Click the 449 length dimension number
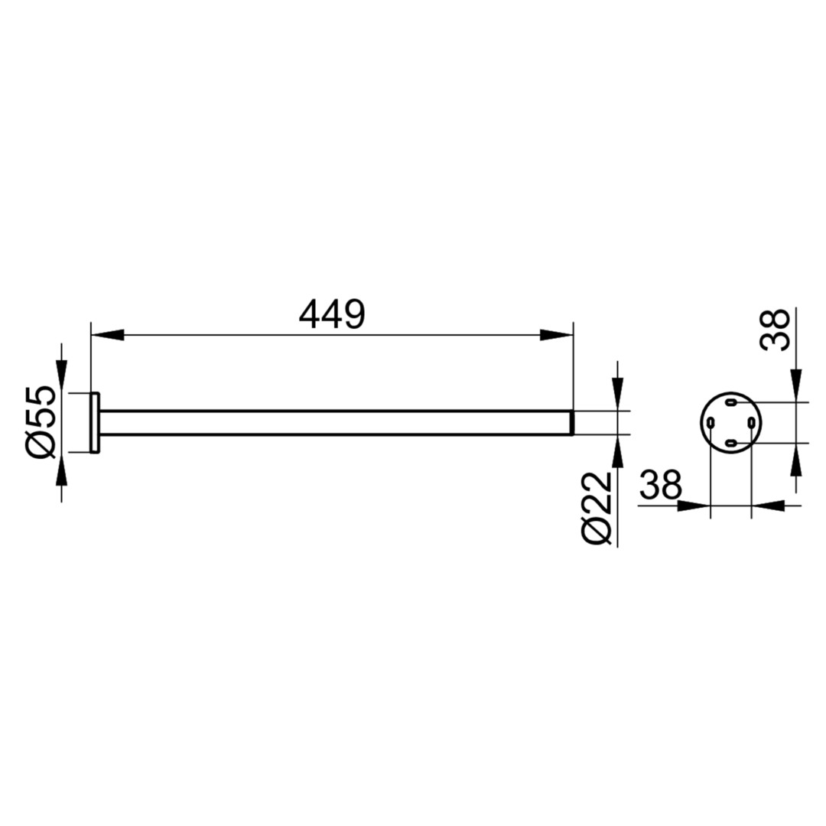coord(331,314)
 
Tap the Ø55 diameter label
coord(39,421)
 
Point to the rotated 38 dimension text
coord(774,329)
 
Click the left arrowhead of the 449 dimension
coord(108,335)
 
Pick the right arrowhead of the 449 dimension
coord(557,335)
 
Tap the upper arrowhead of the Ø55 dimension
coord(62,376)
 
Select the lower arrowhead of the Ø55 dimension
coord(62,468)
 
